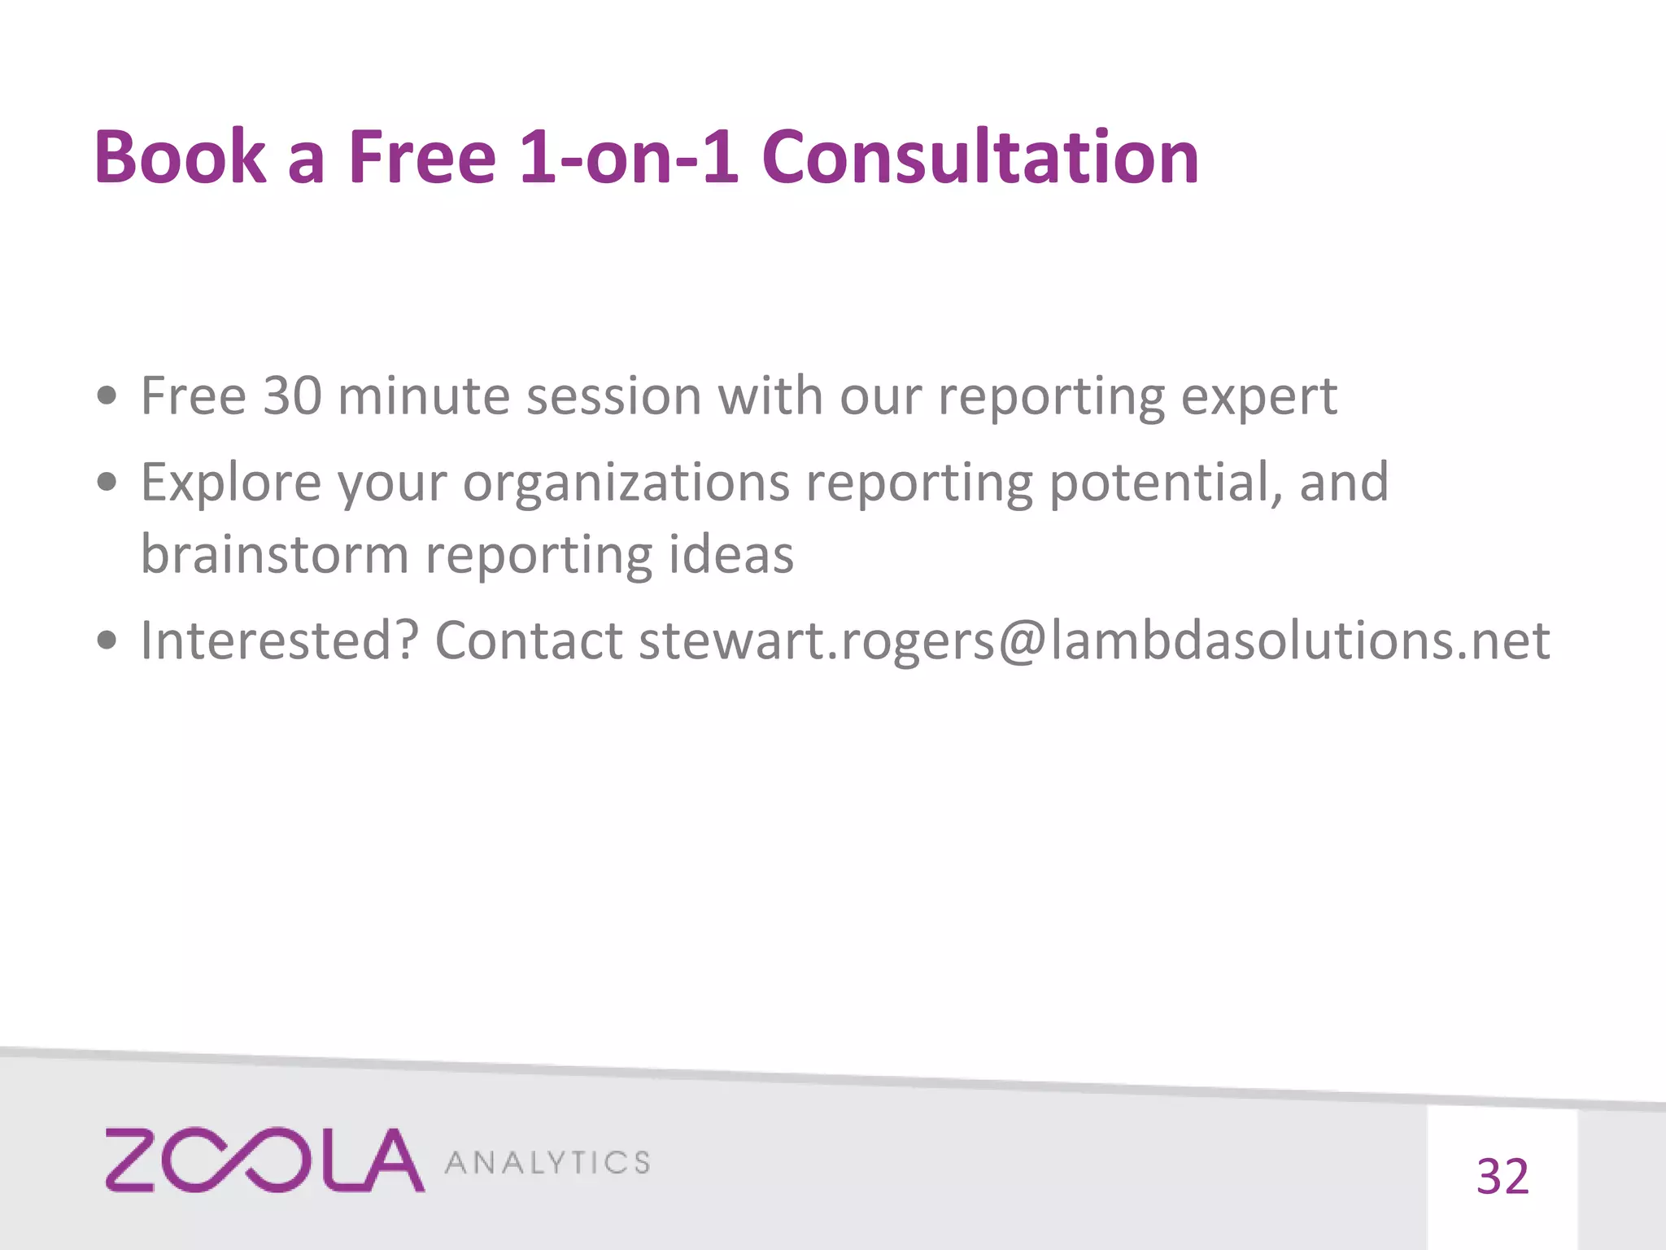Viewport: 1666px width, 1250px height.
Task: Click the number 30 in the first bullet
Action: (292, 396)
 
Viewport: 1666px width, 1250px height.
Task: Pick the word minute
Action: (423, 396)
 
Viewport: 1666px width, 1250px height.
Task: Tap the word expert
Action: (1258, 398)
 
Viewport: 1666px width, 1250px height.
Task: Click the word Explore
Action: (231, 483)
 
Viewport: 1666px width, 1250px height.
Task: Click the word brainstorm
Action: (274, 555)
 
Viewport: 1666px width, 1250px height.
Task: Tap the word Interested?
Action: (280, 640)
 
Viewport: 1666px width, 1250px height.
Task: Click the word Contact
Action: (529, 640)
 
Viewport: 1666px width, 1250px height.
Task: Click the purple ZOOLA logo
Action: (264, 1160)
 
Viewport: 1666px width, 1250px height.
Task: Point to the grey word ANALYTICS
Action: (547, 1163)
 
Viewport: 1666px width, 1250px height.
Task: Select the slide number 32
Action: (1502, 1177)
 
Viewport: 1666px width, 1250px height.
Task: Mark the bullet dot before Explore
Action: (107, 483)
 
